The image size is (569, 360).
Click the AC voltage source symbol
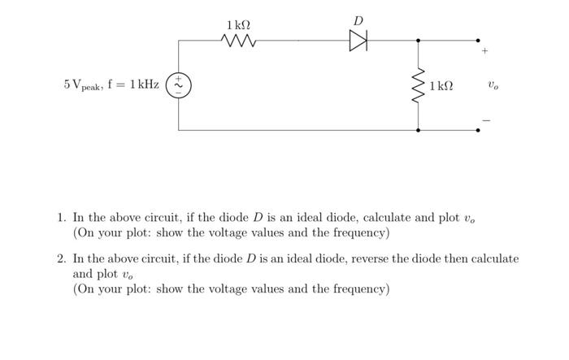click(x=179, y=85)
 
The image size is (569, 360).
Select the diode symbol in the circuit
click(x=358, y=40)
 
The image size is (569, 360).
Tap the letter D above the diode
click(x=358, y=20)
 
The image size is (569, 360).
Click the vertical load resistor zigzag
click(x=419, y=85)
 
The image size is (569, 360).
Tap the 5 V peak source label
click(x=111, y=85)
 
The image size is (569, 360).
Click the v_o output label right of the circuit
click(x=493, y=85)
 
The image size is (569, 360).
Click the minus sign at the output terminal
click(x=486, y=119)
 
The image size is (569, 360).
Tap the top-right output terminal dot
click(x=478, y=40)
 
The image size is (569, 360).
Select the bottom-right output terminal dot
click(x=478, y=129)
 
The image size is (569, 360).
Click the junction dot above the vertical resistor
click(x=419, y=40)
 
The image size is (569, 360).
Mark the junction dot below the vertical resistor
click(x=419, y=129)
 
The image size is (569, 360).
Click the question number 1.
click(x=61, y=218)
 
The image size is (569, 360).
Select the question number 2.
click(x=61, y=259)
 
